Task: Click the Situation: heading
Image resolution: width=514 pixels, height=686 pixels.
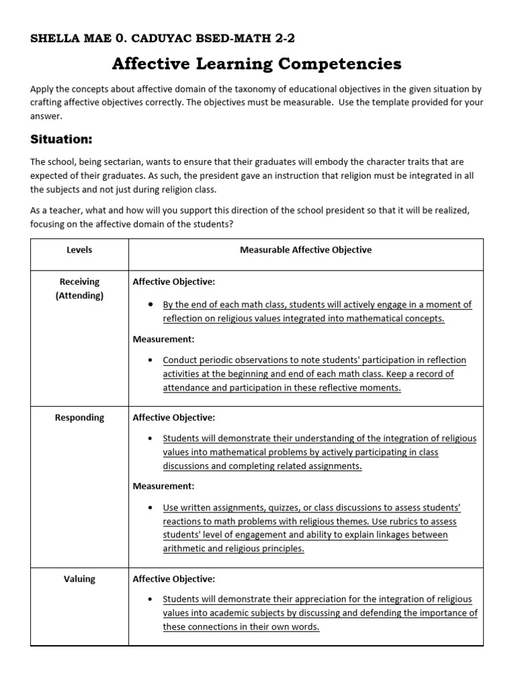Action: pyautogui.click(x=60, y=139)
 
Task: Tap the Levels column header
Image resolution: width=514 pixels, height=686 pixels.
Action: pyautogui.click(x=79, y=250)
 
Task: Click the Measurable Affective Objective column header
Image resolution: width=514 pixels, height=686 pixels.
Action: pyautogui.click(x=306, y=250)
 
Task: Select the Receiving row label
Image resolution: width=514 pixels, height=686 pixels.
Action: pyautogui.click(x=79, y=281)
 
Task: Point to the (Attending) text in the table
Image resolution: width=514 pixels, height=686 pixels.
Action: pyautogui.click(x=79, y=295)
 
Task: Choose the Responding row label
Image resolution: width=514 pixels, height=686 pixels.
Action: pyautogui.click(x=79, y=417)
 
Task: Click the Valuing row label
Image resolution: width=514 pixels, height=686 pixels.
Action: pyautogui.click(x=79, y=579)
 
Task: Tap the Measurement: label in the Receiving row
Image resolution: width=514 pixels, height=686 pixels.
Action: pyautogui.click(x=163, y=340)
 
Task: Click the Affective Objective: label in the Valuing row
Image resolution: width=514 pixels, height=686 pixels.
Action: pyautogui.click(x=174, y=579)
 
